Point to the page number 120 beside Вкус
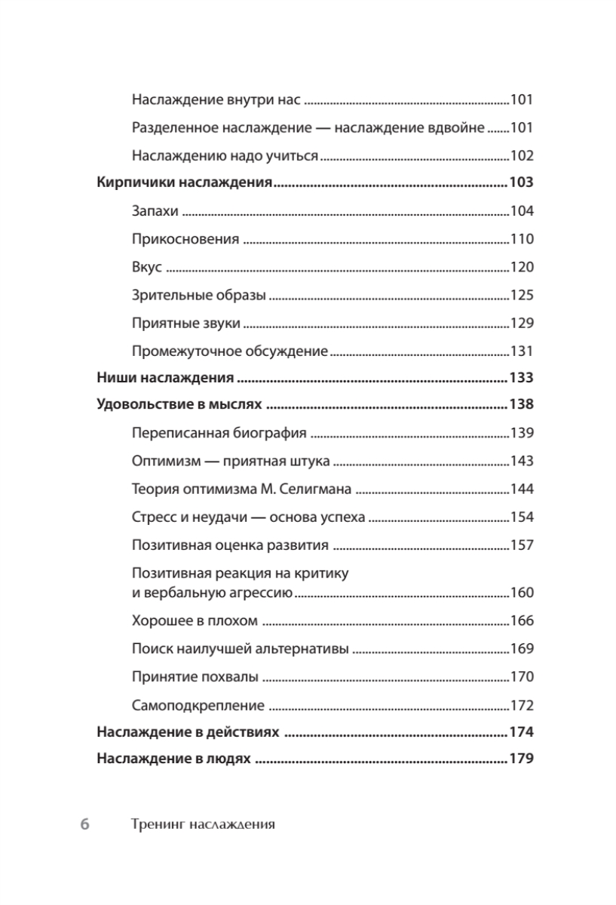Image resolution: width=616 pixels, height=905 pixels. coord(522,268)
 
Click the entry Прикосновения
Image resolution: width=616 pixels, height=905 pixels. coord(185,240)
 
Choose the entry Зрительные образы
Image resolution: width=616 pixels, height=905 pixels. coord(198,296)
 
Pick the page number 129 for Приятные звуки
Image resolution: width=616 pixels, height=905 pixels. coord(522,324)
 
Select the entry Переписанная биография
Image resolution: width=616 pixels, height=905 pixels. coord(219,433)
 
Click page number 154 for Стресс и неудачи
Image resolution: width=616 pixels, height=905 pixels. coord(522,517)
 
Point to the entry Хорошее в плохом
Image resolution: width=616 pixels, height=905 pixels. coord(195,621)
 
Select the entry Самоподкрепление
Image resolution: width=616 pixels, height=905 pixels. coord(198,706)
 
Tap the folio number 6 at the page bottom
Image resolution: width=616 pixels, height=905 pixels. coord(85,824)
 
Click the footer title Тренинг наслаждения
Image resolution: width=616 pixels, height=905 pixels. coord(203,824)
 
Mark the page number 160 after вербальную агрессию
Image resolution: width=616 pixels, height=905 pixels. coord(522,592)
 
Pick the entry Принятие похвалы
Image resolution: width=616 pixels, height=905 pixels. coord(195,677)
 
